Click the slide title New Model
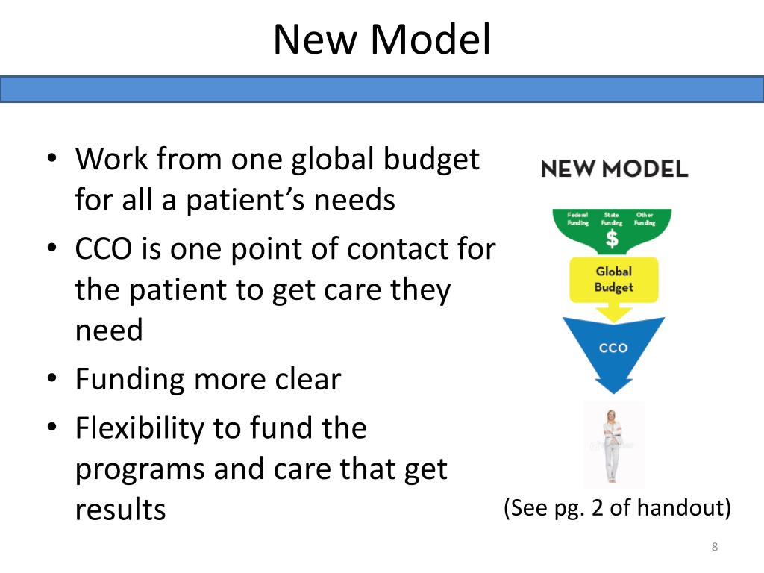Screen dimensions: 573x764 (x=381, y=40)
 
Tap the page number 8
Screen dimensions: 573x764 (x=714, y=548)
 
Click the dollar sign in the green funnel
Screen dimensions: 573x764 (x=612, y=239)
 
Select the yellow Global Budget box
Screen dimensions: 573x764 (x=613, y=280)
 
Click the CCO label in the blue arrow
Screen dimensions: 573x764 (x=613, y=348)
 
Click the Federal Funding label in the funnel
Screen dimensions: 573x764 (x=578, y=219)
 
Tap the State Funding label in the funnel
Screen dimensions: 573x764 (x=611, y=219)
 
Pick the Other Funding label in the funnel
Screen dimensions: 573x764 (x=645, y=219)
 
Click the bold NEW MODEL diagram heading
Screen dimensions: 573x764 (x=614, y=169)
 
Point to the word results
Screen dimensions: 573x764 (x=120, y=510)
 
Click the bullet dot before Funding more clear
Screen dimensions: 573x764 (x=51, y=380)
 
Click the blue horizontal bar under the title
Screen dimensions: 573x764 (x=381, y=89)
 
